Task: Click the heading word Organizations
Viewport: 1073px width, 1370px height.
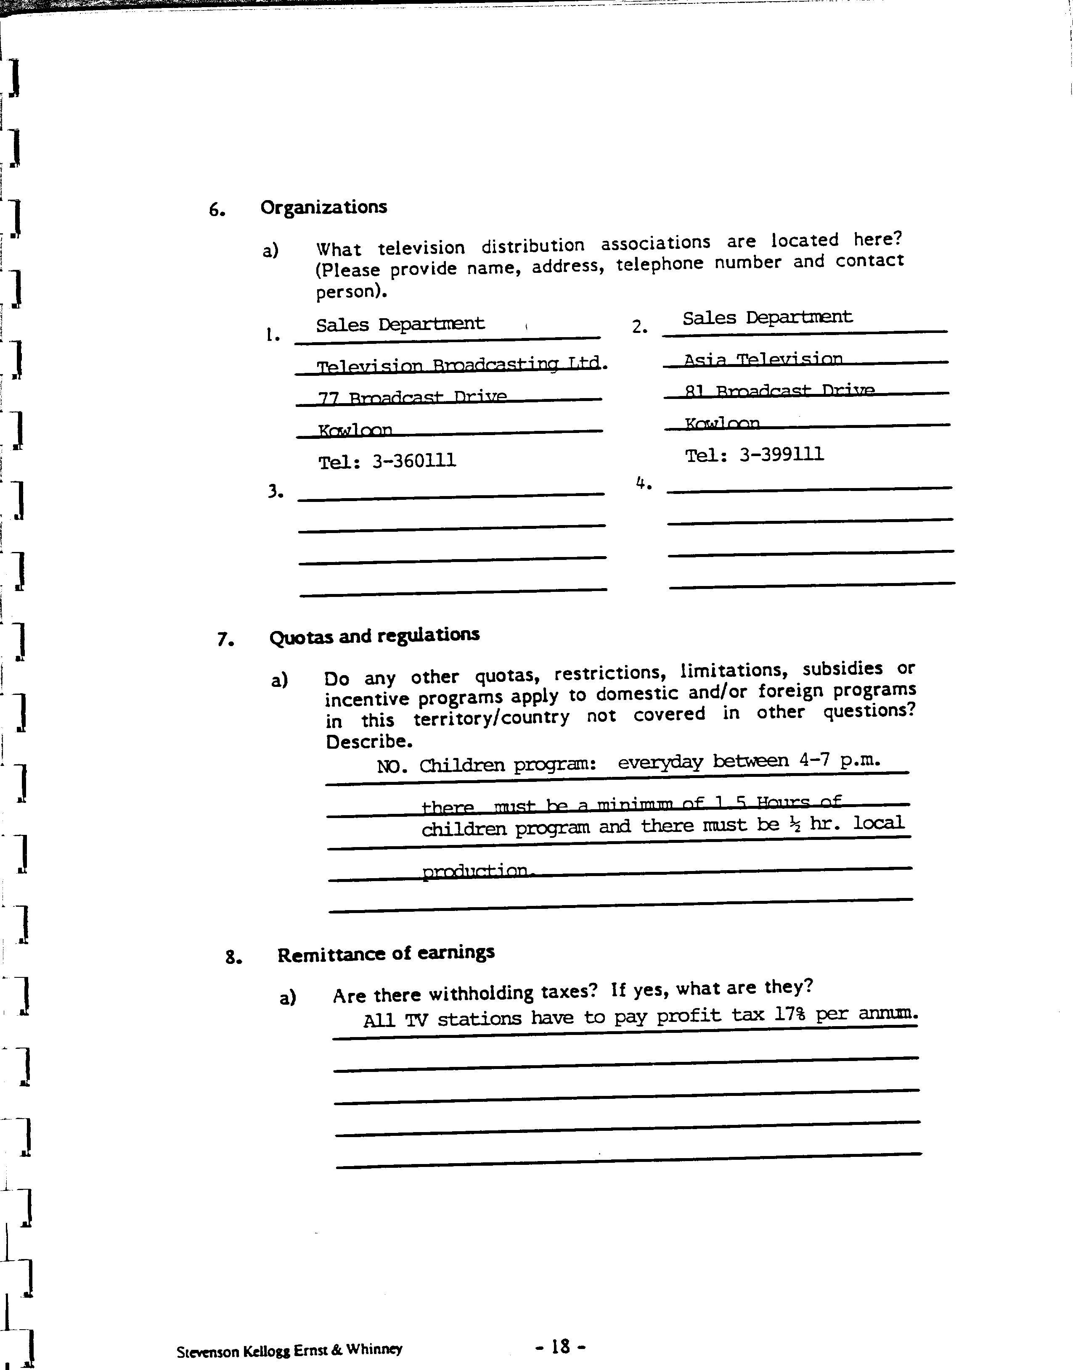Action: coord(323,207)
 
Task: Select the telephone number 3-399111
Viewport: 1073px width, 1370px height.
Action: coord(781,454)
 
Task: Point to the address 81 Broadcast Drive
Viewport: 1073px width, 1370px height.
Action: coord(780,391)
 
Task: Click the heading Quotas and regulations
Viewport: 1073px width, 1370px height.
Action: coord(374,636)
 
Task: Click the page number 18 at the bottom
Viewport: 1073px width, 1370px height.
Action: coord(560,1346)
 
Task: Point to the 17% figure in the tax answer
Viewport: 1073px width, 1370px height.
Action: coord(790,1014)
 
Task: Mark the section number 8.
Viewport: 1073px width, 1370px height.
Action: coord(234,958)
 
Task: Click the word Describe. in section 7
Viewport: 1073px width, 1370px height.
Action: coord(369,742)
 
